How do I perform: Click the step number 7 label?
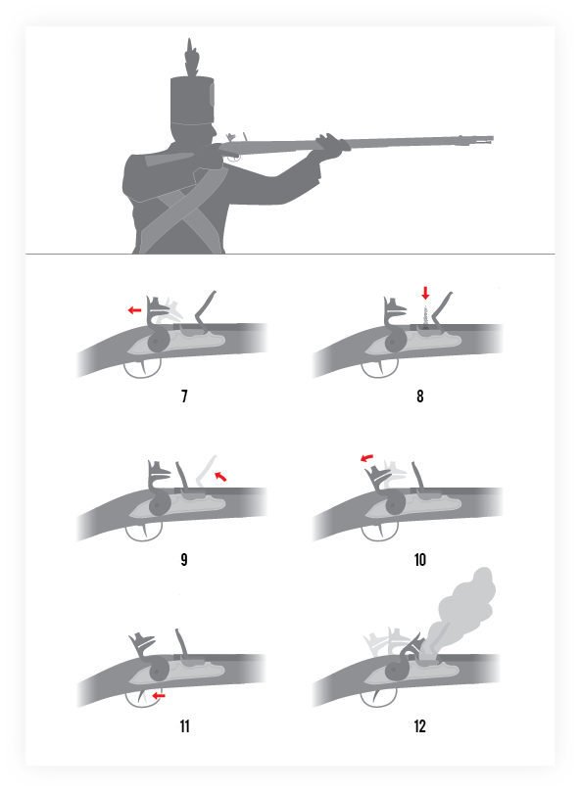point(184,396)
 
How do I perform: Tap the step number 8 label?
point(420,396)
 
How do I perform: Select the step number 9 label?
point(184,560)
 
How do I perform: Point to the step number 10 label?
point(420,560)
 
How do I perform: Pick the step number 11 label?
point(184,726)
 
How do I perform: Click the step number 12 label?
point(420,726)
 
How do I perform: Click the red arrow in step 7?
point(134,310)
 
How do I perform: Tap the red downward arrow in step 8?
point(426,293)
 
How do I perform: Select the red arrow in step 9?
point(220,476)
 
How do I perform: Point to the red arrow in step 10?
point(366,457)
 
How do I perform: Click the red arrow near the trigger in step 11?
point(159,695)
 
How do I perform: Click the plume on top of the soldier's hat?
point(191,57)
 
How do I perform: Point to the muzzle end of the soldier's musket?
point(492,139)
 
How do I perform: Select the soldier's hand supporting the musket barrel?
point(333,146)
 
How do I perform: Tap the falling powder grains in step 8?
point(426,316)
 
